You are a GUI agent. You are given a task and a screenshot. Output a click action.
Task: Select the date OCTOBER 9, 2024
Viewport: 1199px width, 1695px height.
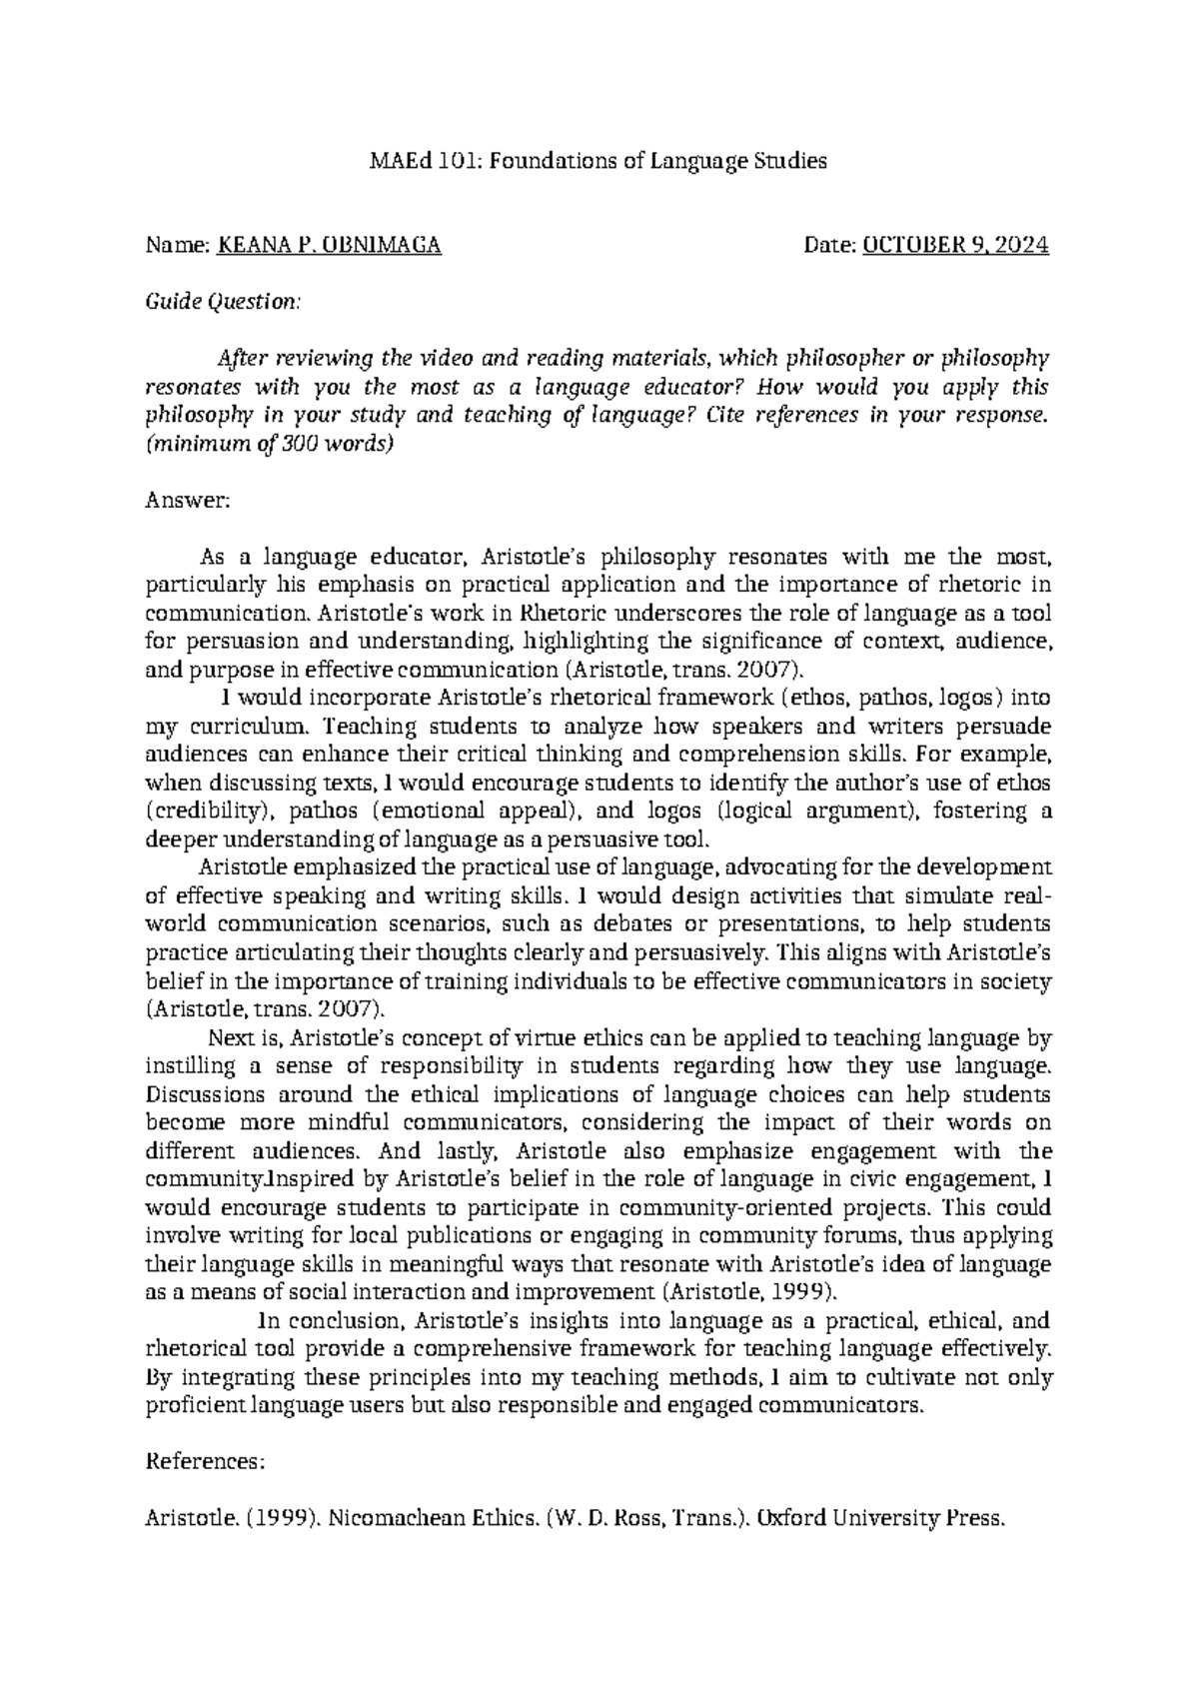pyautogui.click(x=956, y=246)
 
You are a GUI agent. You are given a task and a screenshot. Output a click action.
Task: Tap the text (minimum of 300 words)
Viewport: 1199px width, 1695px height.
pyautogui.click(x=271, y=445)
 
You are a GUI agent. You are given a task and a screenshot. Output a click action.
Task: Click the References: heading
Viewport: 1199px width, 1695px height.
pyautogui.click(x=205, y=1462)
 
